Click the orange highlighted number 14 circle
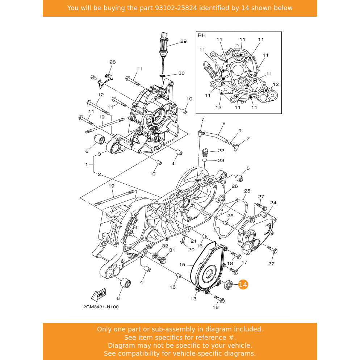[x=243, y=284]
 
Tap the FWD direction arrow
[x=99, y=295]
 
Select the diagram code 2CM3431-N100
[x=101, y=307]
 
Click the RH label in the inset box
[x=202, y=35]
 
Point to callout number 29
[x=183, y=41]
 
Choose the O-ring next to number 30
[x=162, y=76]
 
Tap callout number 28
[x=113, y=62]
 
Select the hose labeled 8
[x=217, y=137]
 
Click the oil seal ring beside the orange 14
[x=228, y=285]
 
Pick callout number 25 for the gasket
[x=247, y=191]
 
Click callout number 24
[x=273, y=203]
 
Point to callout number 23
[x=221, y=160]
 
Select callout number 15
[x=182, y=264]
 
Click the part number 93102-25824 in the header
[x=176, y=8]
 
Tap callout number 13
[x=193, y=299]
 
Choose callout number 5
[x=248, y=168]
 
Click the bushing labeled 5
[x=239, y=178]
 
